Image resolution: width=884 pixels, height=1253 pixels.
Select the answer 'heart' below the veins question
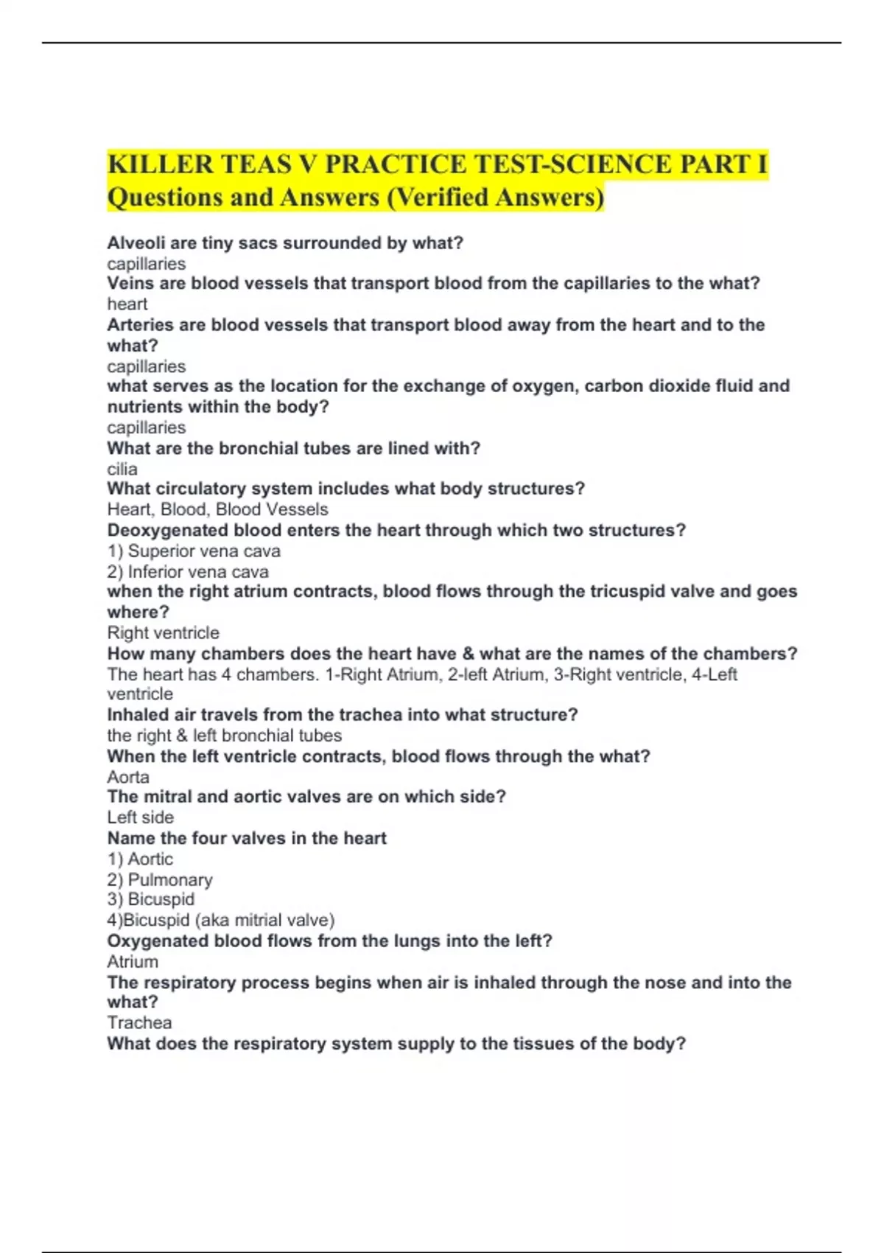coord(127,304)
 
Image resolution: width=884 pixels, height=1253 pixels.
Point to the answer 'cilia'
coord(122,470)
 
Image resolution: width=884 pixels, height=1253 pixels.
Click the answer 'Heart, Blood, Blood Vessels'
coord(217,509)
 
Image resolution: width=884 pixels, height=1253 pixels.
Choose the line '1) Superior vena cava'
coord(194,551)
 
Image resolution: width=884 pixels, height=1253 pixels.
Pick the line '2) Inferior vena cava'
coord(188,572)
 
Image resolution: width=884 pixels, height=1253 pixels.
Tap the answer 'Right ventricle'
coord(163,633)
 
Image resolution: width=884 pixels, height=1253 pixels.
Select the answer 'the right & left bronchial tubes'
coord(224,736)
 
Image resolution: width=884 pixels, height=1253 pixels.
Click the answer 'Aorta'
coord(128,778)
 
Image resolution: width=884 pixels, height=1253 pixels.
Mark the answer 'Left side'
coord(140,817)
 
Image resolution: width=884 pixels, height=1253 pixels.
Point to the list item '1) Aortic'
coord(140,859)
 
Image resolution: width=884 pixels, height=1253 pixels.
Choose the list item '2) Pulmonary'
coord(160,880)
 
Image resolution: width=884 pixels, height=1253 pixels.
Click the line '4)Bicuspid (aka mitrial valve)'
coord(221,921)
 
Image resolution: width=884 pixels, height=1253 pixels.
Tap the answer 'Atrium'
coord(133,962)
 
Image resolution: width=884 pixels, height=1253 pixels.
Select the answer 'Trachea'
coord(139,1023)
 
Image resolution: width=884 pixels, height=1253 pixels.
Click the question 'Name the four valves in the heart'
coord(247,839)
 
